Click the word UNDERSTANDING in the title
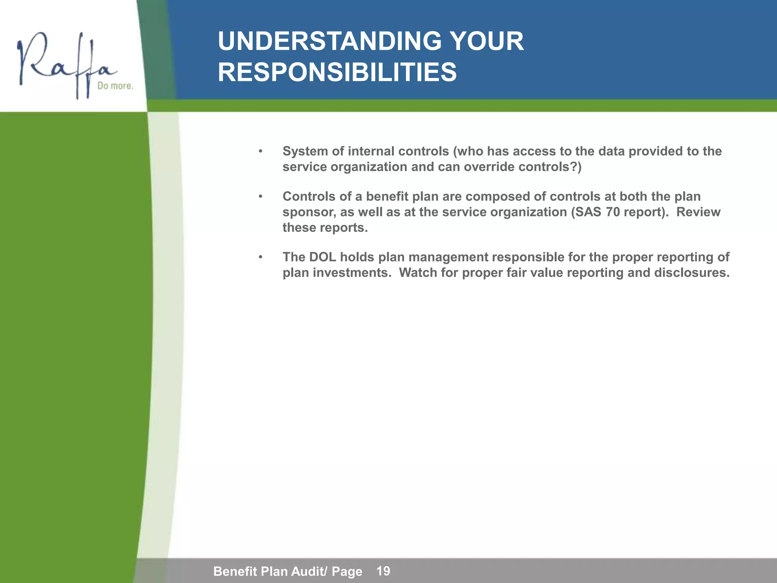coord(329,41)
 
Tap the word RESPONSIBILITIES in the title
coord(337,72)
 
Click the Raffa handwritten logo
coord(64,65)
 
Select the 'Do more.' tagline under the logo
coord(115,86)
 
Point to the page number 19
coord(383,571)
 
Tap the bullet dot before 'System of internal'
coord(260,151)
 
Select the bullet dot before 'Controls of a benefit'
coord(260,197)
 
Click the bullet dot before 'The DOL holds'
coord(260,257)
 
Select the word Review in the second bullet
coord(698,212)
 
